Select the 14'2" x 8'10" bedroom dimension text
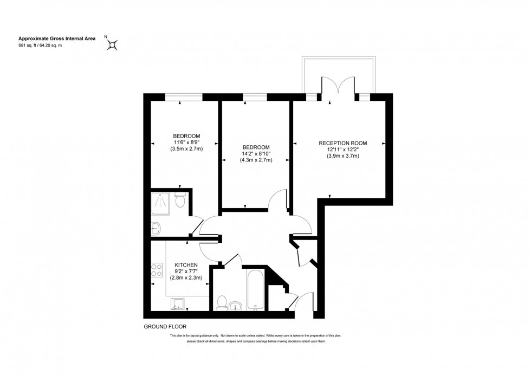point(256,154)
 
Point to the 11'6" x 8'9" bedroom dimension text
point(186,142)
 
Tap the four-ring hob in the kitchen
point(157,269)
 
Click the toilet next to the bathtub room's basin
point(222,303)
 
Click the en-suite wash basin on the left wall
point(155,228)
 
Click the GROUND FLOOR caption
point(165,327)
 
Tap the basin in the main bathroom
point(236,306)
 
